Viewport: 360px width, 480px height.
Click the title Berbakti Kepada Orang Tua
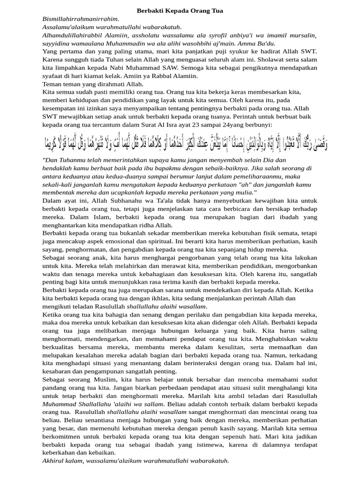pyautogui.click(x=180, y=10)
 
